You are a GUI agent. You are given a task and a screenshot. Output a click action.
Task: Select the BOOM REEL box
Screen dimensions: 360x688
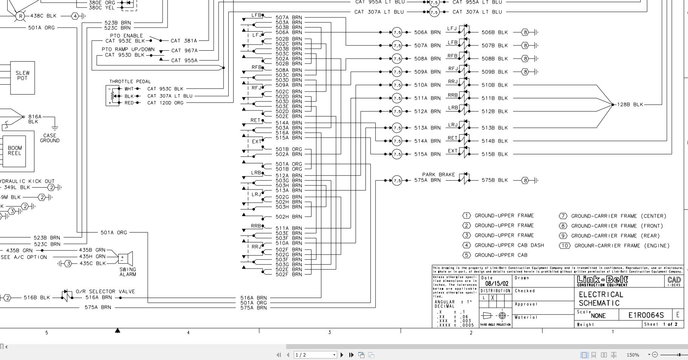point(14,151)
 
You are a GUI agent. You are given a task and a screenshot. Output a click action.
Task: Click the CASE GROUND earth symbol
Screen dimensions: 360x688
point(55,128)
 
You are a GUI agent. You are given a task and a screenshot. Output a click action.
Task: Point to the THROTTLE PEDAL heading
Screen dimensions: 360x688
point(130,81)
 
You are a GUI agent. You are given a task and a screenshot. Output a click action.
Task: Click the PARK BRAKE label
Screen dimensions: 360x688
point(438,174)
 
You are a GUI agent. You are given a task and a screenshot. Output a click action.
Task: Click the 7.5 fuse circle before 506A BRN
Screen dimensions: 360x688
point(397,33)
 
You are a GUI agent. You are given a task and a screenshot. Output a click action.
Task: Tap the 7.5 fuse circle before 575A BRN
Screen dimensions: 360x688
point(397,180)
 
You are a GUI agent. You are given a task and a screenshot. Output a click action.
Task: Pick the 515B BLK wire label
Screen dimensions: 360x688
point(494,154)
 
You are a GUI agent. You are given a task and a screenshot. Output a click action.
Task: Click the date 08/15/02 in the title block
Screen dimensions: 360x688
point(496,284)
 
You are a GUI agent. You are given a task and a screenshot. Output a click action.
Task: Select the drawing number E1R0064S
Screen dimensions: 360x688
point(646,315)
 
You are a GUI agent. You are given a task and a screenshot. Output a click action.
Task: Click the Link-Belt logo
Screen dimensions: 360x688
point(602,281)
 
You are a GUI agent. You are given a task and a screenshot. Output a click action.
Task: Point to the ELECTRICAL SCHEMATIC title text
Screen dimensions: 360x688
point(600,299)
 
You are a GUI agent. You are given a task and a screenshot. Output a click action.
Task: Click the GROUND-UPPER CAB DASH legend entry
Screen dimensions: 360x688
point(509,245)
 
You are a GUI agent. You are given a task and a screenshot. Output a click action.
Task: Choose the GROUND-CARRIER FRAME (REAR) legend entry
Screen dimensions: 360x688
point(615,236)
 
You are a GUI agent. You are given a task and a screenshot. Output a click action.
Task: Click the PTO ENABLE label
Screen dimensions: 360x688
point(126,36)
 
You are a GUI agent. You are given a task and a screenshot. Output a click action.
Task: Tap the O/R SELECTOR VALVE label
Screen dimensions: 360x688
point(105,291)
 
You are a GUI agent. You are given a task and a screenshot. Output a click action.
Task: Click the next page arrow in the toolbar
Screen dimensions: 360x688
point(342,355)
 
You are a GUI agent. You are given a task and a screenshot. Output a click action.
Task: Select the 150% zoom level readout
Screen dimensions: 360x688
point(633,355)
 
